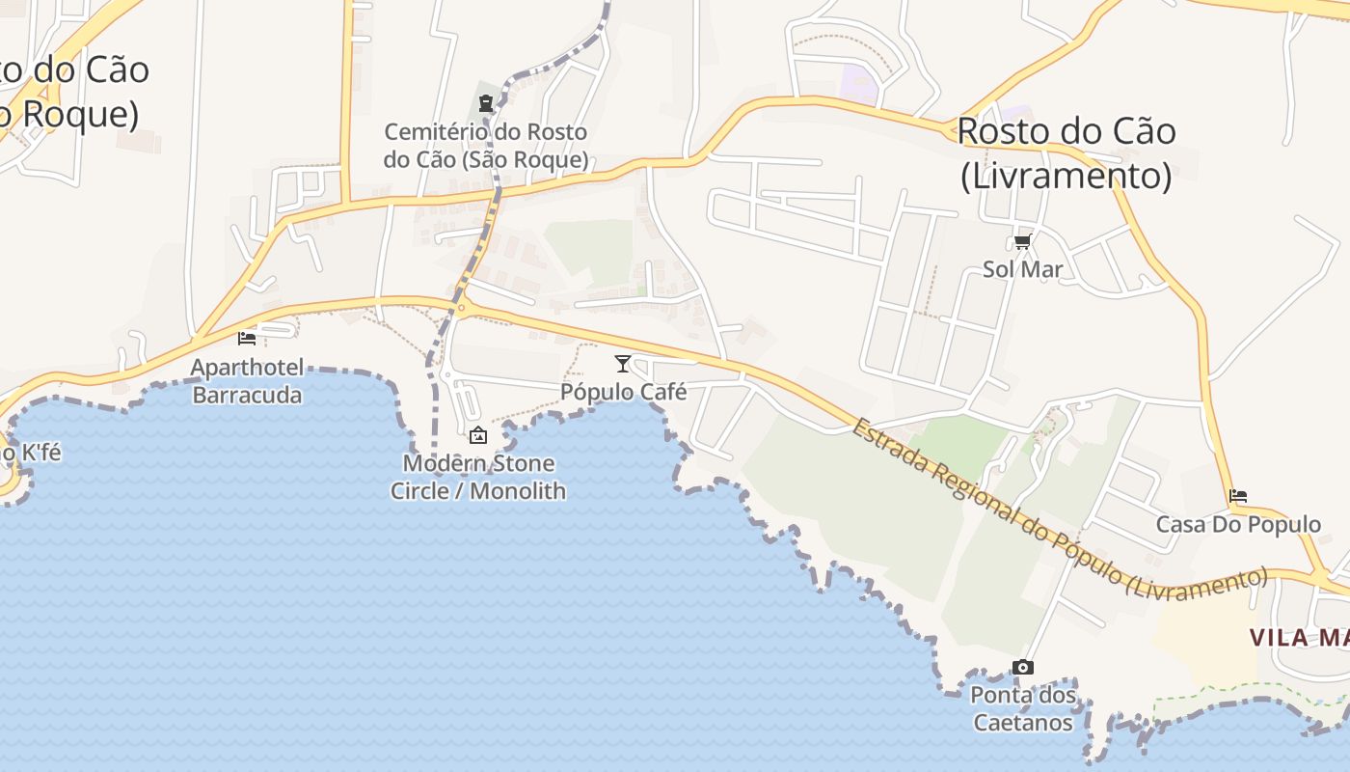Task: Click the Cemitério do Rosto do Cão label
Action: (486, 146)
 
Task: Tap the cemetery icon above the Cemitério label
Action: (486, 102)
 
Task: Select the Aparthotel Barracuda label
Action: (247, 381)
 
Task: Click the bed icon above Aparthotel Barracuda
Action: (247, 338)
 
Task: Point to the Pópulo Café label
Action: (624, 392)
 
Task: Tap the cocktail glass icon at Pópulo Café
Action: (623, 363)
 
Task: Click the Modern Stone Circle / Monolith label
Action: (478, 477)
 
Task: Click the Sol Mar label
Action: (1022, 269)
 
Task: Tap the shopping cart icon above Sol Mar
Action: (1022, 240)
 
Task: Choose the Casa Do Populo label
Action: (1238, 525)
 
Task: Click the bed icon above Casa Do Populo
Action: (1238, 496)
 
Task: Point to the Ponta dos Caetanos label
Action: (1022, 708)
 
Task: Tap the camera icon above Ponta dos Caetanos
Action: (1022, 667)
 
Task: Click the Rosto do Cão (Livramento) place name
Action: (1066, 153)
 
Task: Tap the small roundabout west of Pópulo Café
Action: (462, 309)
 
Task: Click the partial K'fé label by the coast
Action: (31, 452)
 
